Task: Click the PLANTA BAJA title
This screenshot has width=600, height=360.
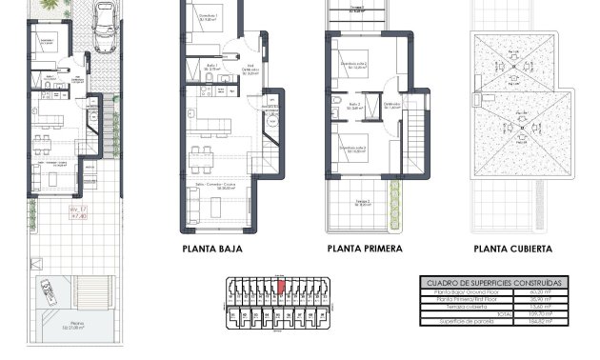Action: click(211, 250)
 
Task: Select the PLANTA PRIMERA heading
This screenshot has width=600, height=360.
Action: click(364, 250)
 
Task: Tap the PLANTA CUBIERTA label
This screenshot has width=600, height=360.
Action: click(512, 250)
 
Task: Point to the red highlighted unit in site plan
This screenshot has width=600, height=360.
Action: click(281, 284)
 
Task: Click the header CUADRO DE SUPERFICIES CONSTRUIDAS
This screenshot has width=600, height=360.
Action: click(491, 283)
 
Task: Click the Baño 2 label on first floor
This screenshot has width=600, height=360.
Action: click(354, 105)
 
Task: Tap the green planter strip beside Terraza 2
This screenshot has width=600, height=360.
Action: click(398, 203)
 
